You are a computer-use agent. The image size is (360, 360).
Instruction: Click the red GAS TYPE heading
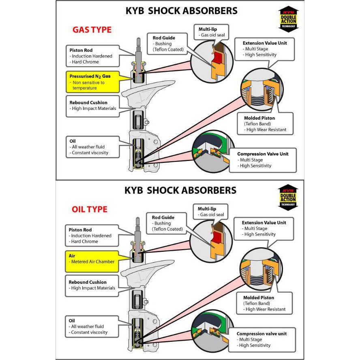coord(92,30)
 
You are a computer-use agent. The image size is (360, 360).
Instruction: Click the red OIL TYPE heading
coord(90,209)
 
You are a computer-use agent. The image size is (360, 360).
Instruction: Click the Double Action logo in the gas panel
coord(289,19)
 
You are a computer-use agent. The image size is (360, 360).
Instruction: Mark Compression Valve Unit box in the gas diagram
coord(264,160)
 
